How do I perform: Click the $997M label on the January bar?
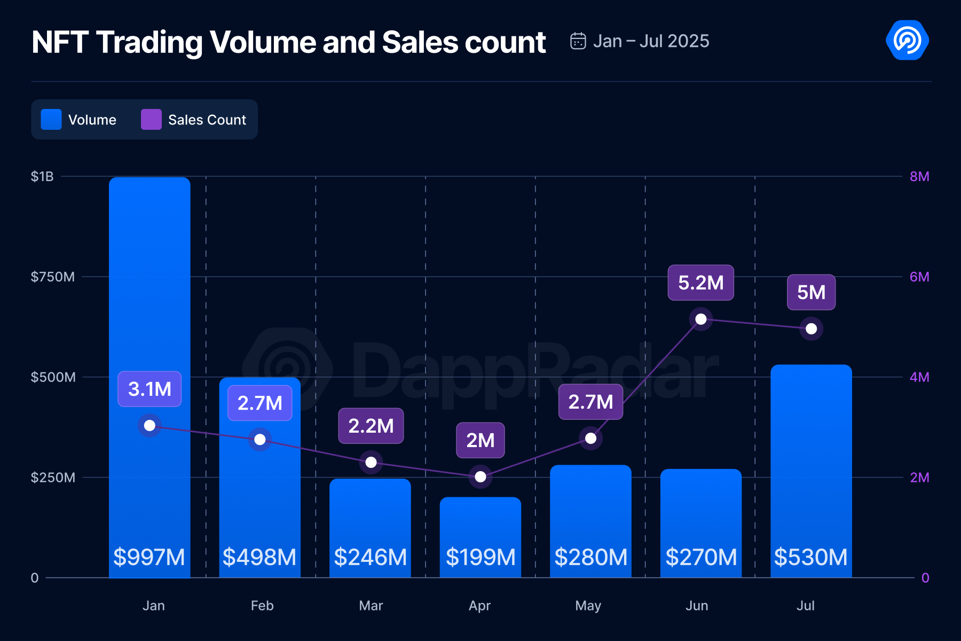point(149,557)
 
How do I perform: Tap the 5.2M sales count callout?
point(700,283)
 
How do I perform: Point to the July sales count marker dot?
point(811,329)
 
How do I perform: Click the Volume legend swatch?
point(51,120)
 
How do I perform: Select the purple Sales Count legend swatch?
point(151,120)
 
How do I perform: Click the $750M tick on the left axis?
point(52,277)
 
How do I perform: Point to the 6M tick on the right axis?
point(919,277)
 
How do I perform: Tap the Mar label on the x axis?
point(371,606)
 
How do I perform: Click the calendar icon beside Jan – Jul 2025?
point(578,41)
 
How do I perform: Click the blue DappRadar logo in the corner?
point(907,41)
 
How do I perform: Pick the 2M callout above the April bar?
point(480,440)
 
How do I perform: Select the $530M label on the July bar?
point(810,557)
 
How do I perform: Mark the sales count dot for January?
point(149,426)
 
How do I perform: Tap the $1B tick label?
point(42,176)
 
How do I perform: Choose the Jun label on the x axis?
point(697,606)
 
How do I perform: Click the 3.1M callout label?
point(149,389)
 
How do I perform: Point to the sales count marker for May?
point(590,439)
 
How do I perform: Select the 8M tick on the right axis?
point(919,176)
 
